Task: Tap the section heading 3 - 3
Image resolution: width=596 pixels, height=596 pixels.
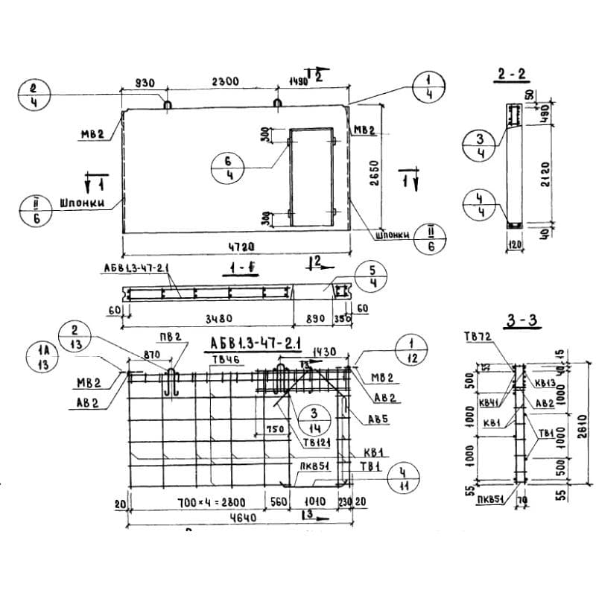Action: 521,321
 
